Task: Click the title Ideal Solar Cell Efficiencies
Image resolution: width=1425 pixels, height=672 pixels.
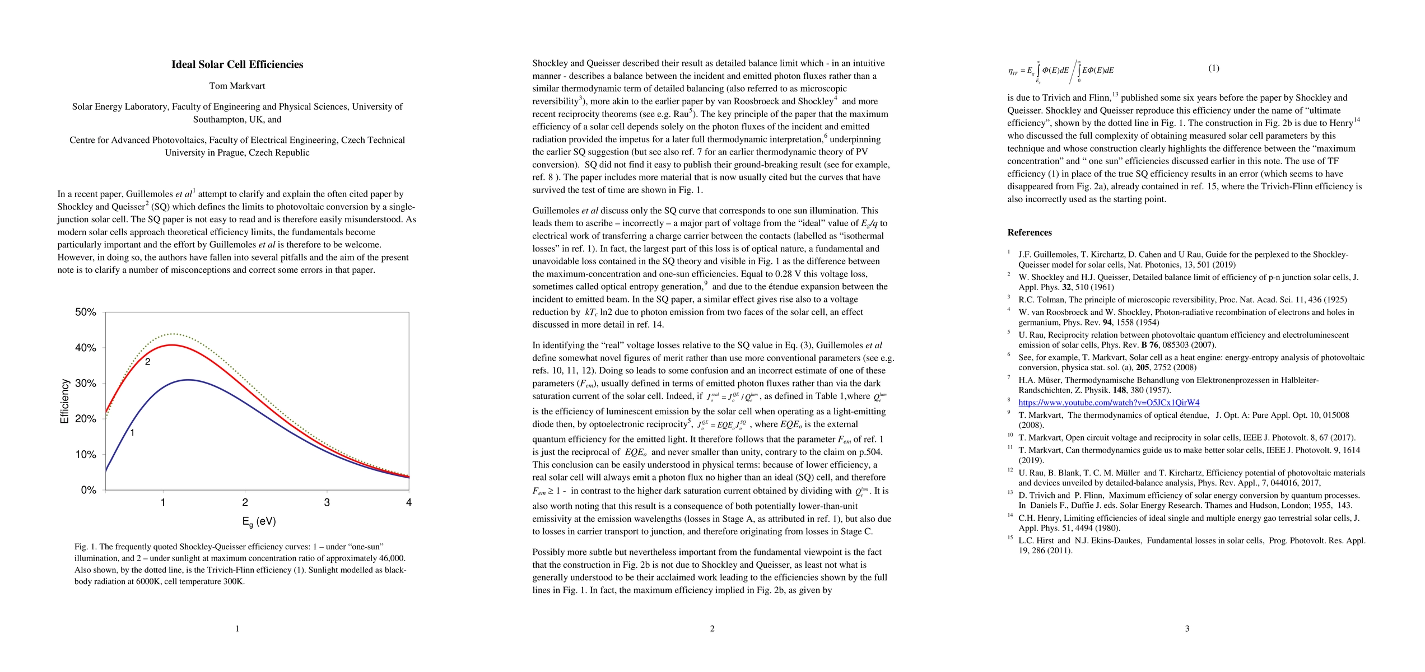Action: pyautogui.click(x=237, y=64)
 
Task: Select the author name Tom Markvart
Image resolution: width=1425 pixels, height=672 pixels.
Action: pyautogui.click(x=237, y=86)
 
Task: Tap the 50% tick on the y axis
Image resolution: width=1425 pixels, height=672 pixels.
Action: pyautogui.click(x=86, y=312)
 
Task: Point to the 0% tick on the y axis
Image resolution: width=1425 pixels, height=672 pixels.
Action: pyautogui.click(x=89, y=490)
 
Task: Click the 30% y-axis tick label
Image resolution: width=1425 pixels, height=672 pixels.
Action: pyautogui.click(x=86, y=383)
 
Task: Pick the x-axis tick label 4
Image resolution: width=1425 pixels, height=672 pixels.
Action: pyautogui.click(x=409, y=502)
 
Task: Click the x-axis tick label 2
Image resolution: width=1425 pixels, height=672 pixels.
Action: pyautogui.click(x=245, y=502)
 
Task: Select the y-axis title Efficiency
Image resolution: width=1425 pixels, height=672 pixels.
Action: pyautogui.click(x=64, y=401)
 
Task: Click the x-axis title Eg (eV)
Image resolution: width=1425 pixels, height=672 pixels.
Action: pyautogui.click(x=259, y=521)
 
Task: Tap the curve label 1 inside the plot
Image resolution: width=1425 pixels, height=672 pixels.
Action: pyautogui.click(x=132, y=432)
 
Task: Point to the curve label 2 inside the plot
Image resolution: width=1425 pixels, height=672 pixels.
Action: pyautogui.click(x=147, y=362)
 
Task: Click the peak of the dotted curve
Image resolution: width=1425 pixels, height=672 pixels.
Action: pyautogui.click(x=174, y=334)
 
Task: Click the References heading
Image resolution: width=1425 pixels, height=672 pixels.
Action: pyautogui.click(x=1030, y=232)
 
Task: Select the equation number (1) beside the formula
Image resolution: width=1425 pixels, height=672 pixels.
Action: pyautogui.click(x=1213, y=68)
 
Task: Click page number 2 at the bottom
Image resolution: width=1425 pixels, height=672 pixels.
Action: pyautogui.click(x=712, y=629)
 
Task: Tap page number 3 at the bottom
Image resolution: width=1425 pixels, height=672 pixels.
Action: pyautogui.click(x=1187, y=629)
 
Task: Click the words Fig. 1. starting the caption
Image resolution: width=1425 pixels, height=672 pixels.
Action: pyautogui.click(x=86, y=547)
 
